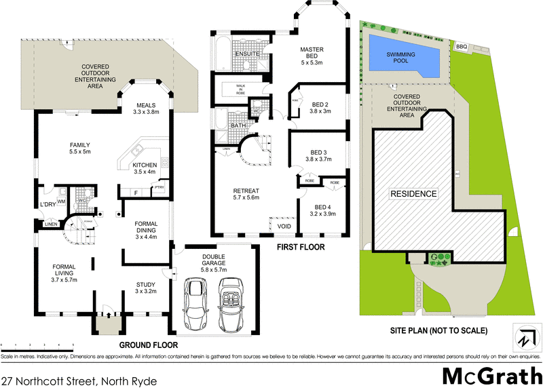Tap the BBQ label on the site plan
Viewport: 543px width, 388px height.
462,46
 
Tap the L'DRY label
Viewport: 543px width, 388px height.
47,204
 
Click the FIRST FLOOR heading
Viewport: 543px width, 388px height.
301,247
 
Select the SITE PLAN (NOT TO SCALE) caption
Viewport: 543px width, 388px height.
440,331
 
